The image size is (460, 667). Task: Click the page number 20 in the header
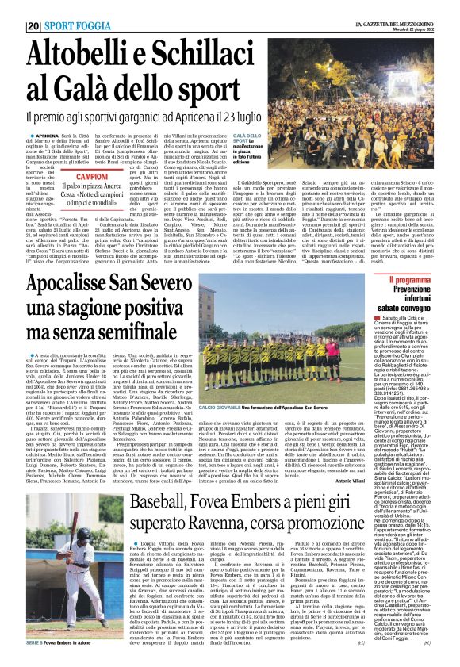[x=33, y=25]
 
